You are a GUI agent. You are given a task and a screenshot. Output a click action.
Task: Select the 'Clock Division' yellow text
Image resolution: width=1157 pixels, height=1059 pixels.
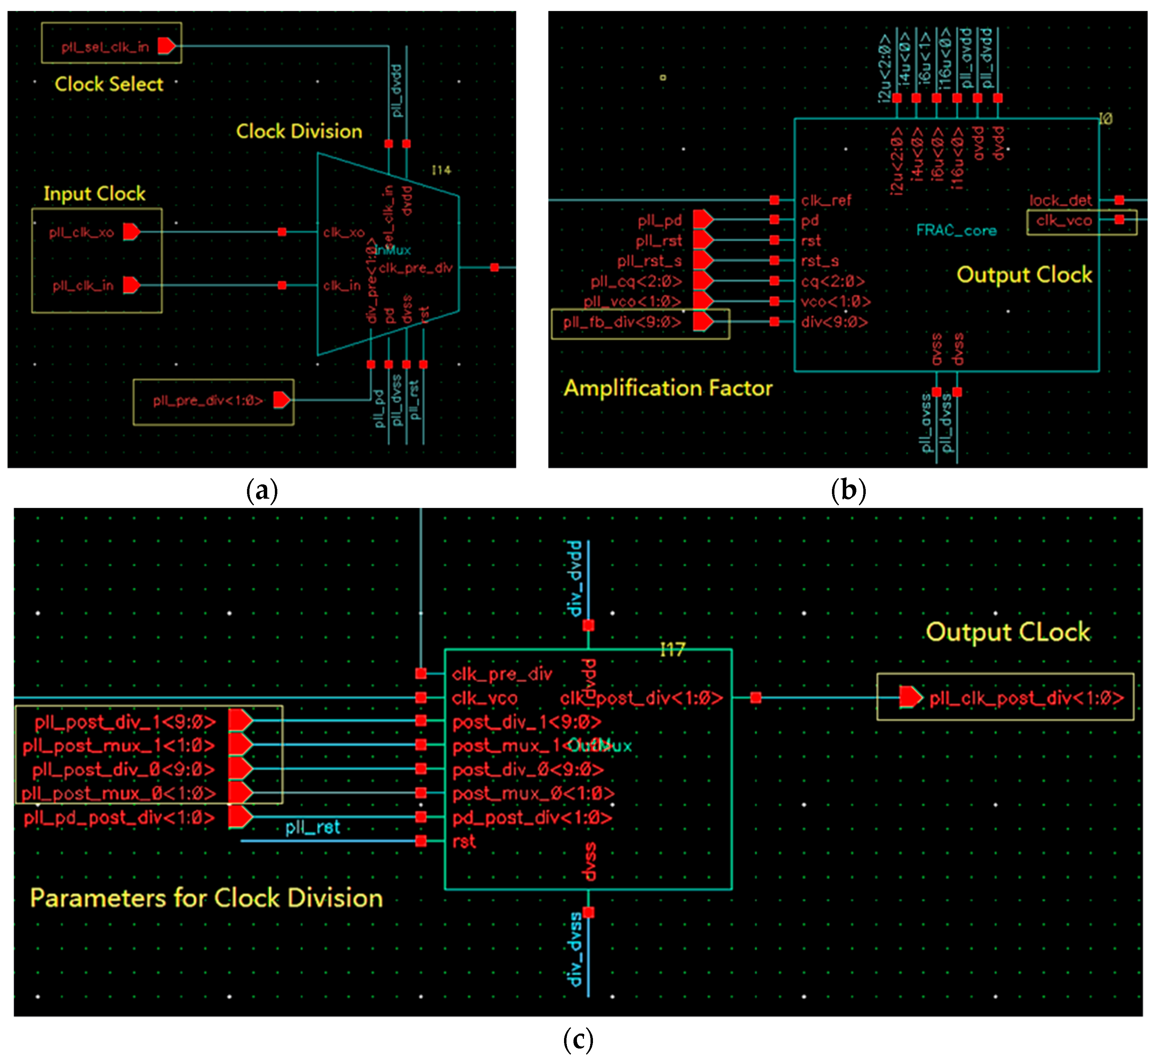point(299,131)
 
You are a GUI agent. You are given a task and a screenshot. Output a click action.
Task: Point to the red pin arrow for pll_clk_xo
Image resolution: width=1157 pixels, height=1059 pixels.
point(131,232)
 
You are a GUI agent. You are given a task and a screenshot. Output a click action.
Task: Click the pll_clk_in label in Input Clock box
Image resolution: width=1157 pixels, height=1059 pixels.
point(83,285)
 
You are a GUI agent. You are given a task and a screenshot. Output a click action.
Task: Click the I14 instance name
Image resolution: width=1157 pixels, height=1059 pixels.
point(441,170)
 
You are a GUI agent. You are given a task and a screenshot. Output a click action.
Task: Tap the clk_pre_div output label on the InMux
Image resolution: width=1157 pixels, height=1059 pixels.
point(416,268)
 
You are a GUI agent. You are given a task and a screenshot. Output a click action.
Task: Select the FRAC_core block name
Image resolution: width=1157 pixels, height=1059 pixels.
point(956,231)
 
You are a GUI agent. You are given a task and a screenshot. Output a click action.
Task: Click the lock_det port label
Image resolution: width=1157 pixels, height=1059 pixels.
point(1060,200)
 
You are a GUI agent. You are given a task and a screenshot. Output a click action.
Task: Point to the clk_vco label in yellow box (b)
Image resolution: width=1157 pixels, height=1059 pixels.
point(1063,221)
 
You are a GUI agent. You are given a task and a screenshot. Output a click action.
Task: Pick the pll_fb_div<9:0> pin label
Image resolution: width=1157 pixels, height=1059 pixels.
point(622,322)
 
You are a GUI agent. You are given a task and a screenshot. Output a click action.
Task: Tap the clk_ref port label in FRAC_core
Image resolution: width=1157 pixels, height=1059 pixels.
point(826,200)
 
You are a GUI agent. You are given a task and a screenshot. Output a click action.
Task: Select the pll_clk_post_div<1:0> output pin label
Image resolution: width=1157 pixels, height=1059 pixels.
point(1026,698)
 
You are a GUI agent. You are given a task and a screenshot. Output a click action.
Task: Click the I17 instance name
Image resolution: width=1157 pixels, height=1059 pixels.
point(672,649)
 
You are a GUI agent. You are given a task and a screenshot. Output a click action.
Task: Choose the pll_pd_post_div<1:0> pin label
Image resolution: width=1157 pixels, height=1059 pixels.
point(119,818)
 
